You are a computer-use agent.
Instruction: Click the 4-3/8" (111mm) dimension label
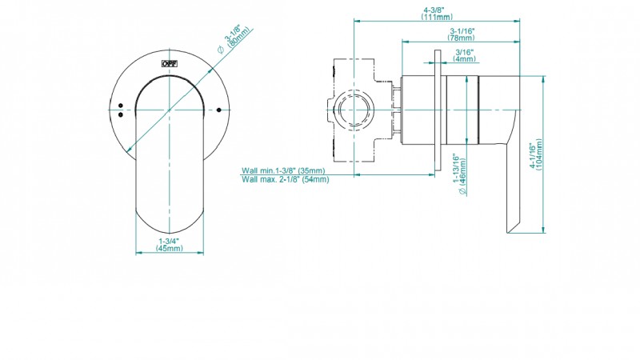click(437, 14)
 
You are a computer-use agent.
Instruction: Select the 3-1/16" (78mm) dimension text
click(462, 34)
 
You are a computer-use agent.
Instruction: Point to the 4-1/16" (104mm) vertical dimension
click(536, 154)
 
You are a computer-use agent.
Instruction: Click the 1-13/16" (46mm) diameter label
click(459, 174)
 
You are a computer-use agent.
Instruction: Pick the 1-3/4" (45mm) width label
click(169, 245)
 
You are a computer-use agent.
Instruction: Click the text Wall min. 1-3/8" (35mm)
click(283, 170)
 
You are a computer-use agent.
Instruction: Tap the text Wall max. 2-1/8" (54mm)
click(286, 179)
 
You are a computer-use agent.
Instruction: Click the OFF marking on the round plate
click(170, 64)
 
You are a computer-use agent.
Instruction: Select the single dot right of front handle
click(218, 110)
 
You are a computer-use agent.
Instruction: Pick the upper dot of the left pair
click(121, 106)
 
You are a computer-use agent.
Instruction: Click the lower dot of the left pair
click(121, 114)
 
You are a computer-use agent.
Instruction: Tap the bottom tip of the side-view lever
click(507, 233)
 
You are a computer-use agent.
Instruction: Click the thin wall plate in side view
click(438, 110)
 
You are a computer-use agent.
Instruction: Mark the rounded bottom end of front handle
click(170, 233)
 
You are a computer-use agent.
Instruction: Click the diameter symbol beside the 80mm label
click(221, 50)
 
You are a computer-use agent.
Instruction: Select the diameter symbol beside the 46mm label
click(462, 190)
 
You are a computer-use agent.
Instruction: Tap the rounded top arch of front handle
click(170, 76)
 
